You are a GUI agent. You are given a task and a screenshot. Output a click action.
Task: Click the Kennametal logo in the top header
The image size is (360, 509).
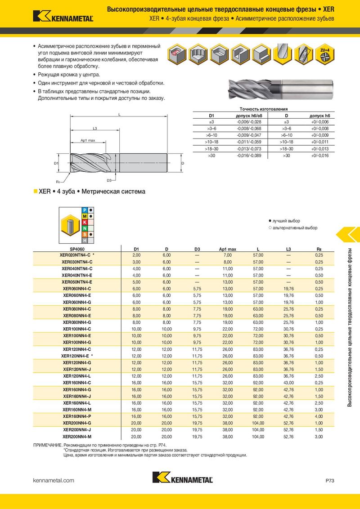tap(63, 16)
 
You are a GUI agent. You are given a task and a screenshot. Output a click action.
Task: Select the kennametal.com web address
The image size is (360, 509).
tap(54, 481)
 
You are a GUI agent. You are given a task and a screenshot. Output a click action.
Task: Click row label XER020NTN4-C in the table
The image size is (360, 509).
tap(76, 255)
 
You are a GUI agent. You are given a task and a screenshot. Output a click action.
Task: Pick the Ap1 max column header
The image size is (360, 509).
tap(227, 249)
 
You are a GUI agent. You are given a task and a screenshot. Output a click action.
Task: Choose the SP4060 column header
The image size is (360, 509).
tap(77, 249)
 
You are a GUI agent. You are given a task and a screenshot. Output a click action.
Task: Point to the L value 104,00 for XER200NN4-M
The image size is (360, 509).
tap(258, 437)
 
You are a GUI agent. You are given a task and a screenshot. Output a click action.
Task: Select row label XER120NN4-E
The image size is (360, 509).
tap(76, 356)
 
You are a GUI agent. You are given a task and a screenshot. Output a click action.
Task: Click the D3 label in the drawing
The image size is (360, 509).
tap(109, 180)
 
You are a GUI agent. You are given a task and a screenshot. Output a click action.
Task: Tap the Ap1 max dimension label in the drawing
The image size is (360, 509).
tap(88, 140)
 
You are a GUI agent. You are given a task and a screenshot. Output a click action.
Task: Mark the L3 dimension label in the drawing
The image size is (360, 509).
tap(95, 129)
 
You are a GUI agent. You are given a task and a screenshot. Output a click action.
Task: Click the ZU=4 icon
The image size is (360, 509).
tap(324, 54)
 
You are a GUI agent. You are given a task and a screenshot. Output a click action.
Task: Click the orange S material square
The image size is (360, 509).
tap(85, 234)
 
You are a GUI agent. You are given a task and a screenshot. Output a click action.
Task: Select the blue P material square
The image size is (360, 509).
tap(85, 210)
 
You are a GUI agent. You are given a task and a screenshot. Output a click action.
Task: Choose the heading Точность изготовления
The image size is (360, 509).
tap(264, 109)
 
